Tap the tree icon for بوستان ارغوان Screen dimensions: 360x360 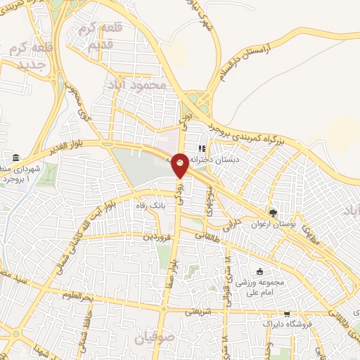[273, 213]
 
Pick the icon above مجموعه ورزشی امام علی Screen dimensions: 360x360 [259, 272]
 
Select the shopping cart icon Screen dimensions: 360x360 [286, 314]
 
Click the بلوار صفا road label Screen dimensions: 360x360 [171, 270]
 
